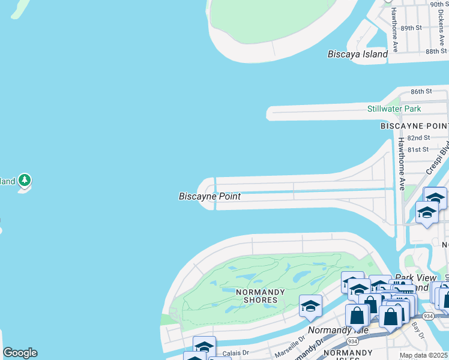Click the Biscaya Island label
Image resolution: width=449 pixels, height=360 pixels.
[x=358, y=54]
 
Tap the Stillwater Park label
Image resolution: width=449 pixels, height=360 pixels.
[x=394, y=109]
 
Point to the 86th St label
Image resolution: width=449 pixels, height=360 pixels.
[x=421, y=91]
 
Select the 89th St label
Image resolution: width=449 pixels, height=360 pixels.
[x=411, y=28]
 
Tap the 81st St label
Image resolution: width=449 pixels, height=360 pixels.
[x=418, y=149]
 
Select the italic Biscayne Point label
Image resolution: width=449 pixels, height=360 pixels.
[x=209, y=196]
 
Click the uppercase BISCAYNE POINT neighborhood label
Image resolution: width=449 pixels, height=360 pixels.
[x=414, y=126]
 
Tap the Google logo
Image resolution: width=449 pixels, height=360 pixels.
[x=20, y=353]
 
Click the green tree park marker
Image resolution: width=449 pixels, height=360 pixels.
[x=25, y=180]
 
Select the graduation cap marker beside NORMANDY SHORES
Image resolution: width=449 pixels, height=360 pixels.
[x=310, y=305]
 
